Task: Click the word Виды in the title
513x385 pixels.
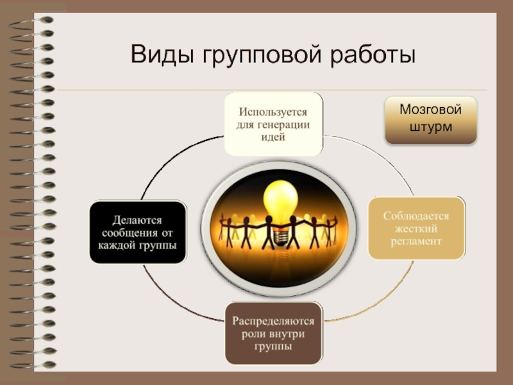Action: click(x=162, y=54)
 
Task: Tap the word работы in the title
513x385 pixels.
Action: click(x=373, y=55)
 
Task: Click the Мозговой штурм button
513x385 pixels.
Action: click(x=430, y=119)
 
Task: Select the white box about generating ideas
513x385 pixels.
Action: click(x=274, y=124)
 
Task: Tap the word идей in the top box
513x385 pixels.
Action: click(x=274, y=137)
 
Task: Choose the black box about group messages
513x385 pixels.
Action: click(x=138, y=232)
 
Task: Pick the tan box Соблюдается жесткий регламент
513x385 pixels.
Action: click(x=416, y=228)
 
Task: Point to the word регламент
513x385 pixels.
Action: click(x=416, y=241)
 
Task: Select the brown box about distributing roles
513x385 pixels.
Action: click(x=273, y=333)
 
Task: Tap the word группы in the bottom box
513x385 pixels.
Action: click(x=273, y=346)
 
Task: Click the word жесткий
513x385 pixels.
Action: click(x=416, y=228)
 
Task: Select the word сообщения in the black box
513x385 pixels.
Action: click(x=138, y=232)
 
